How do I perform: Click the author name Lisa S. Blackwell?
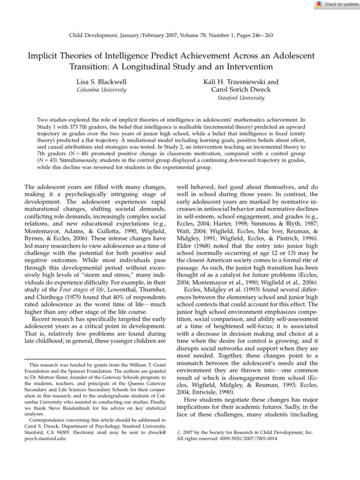pyautogui.click(x=101, y=82)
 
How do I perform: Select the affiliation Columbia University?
pyautogui.click(x=101, y=90)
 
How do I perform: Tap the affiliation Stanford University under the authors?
pyautogui.click(x=241, y=98)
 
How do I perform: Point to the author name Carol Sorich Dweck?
pyautogui.click(x=241, y=90)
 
